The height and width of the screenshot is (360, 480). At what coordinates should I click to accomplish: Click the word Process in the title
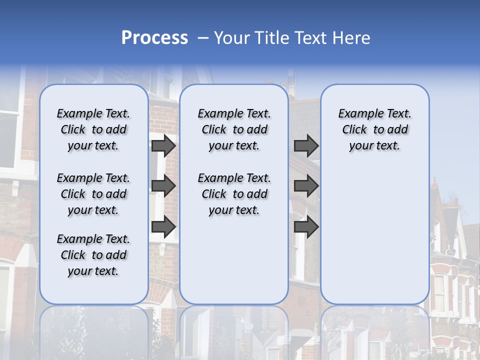[x=154, y=38]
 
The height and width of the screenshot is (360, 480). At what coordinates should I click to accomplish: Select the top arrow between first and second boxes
[x=163, y=145]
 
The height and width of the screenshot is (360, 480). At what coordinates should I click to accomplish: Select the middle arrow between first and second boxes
[x=163, y=186]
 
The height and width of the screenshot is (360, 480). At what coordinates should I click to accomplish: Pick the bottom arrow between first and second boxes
[x=163, y=227]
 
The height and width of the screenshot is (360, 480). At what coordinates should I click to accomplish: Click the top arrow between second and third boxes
[x=306, y=145]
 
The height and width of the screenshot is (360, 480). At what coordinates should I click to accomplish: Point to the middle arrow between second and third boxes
[x=306, y=186]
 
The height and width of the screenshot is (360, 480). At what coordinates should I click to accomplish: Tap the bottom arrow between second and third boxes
[x=306, y=227]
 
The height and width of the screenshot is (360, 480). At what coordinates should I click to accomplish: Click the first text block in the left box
[x=93, y=129]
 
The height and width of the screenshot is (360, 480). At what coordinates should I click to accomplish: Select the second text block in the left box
[x=93, y=194]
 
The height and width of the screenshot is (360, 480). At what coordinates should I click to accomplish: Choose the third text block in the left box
[x=93, y=255]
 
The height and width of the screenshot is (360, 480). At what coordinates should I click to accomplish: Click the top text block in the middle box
[x=234, y=129]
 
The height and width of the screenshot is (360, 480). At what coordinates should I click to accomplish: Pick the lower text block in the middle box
[x=234, y=194]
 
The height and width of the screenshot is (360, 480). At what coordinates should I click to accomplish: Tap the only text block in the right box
[x=374, y=129]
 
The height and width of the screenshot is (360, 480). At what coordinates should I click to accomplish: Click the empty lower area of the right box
[x=374, y=235]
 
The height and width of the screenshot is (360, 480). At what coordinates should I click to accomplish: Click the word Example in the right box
[x=356, y=114]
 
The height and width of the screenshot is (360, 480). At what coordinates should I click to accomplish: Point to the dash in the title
[x=203, y=38]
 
